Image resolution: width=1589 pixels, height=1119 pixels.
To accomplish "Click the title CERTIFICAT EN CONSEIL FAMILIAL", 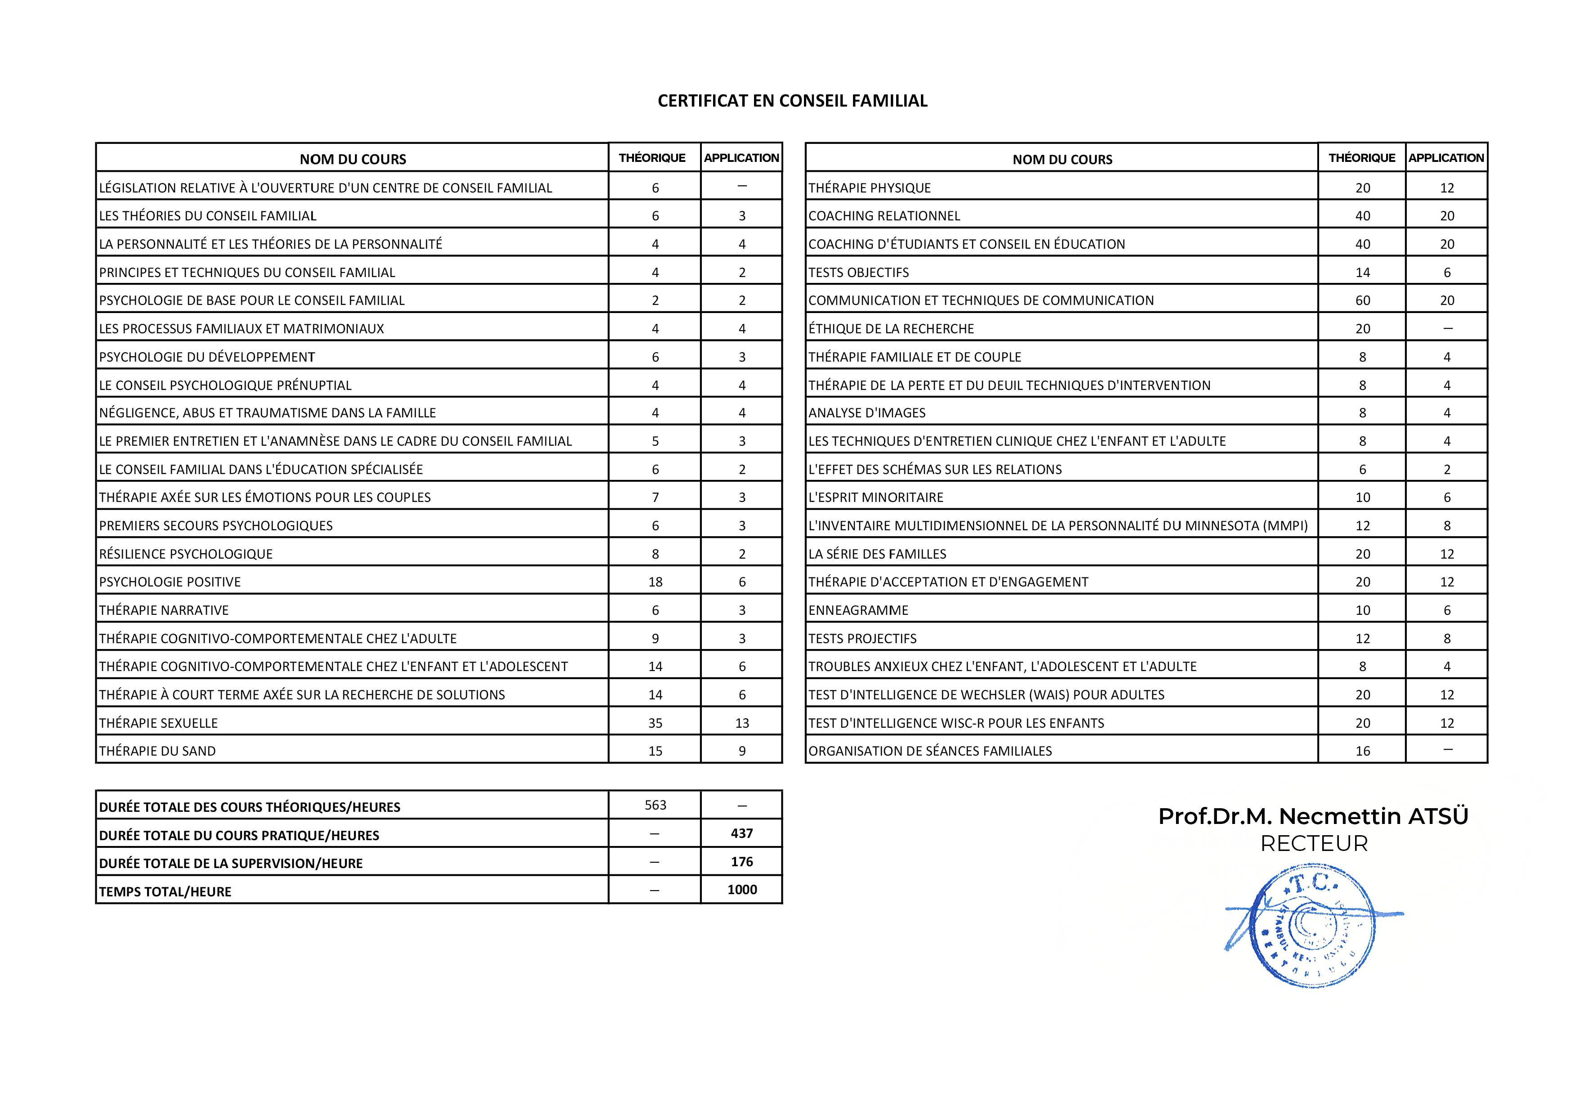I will click(792, 101).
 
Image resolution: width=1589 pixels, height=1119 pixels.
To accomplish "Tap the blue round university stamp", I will click(1313, 925).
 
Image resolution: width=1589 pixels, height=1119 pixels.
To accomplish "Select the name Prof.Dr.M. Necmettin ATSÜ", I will click(1313, 817).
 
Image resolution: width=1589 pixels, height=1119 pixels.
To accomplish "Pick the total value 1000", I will click(741, 890).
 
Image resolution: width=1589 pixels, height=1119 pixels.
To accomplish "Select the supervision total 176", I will click(741, 862).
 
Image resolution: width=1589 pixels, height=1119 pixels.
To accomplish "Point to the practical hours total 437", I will click(741, 833).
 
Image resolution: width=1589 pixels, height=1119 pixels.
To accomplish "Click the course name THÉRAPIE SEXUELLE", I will click(158, 723).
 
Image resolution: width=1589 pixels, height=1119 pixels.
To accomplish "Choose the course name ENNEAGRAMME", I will click(858, 610).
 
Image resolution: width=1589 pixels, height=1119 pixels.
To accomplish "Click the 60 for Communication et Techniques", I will click(1362, 300).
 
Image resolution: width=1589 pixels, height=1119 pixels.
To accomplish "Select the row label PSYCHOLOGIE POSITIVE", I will click(170, 582).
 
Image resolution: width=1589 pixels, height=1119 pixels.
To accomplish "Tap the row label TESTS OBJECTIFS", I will click(858, 273).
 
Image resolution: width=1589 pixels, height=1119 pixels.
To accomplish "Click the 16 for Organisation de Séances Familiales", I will click(1362, 752).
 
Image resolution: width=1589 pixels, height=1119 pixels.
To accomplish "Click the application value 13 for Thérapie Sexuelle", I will click(741, 723).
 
